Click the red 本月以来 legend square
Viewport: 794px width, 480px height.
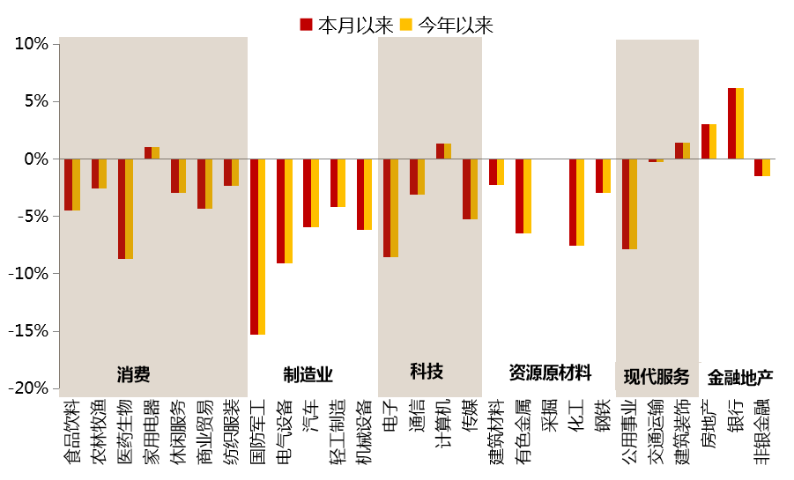pyautogui.click(x=306, y=25)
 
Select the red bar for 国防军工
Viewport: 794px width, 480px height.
pyautogui.click(x=254, y=247)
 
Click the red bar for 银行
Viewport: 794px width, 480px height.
pyautogui.click(x=731, y=123)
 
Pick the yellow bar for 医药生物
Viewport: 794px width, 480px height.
pyautogui.click(x=130, y=209)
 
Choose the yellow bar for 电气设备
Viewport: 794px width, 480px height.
pyautogui.click(x=288, y=211)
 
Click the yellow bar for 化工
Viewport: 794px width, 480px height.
pyautogui.click(x=580, y=203)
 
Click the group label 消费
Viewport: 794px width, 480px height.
pyautogui.click(x=133, y=374)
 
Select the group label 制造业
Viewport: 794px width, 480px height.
pyautogui.click(x=308, y=374)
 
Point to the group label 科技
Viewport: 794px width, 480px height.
pyautogui.click(x=427, y=371)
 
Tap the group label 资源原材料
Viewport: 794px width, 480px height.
pyautogui.click(x=550, y=373)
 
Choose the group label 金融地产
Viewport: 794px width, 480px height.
pyautogui.click(x=740, y=378)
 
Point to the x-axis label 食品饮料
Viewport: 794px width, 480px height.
pyautogui.click(x=72, y=431)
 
